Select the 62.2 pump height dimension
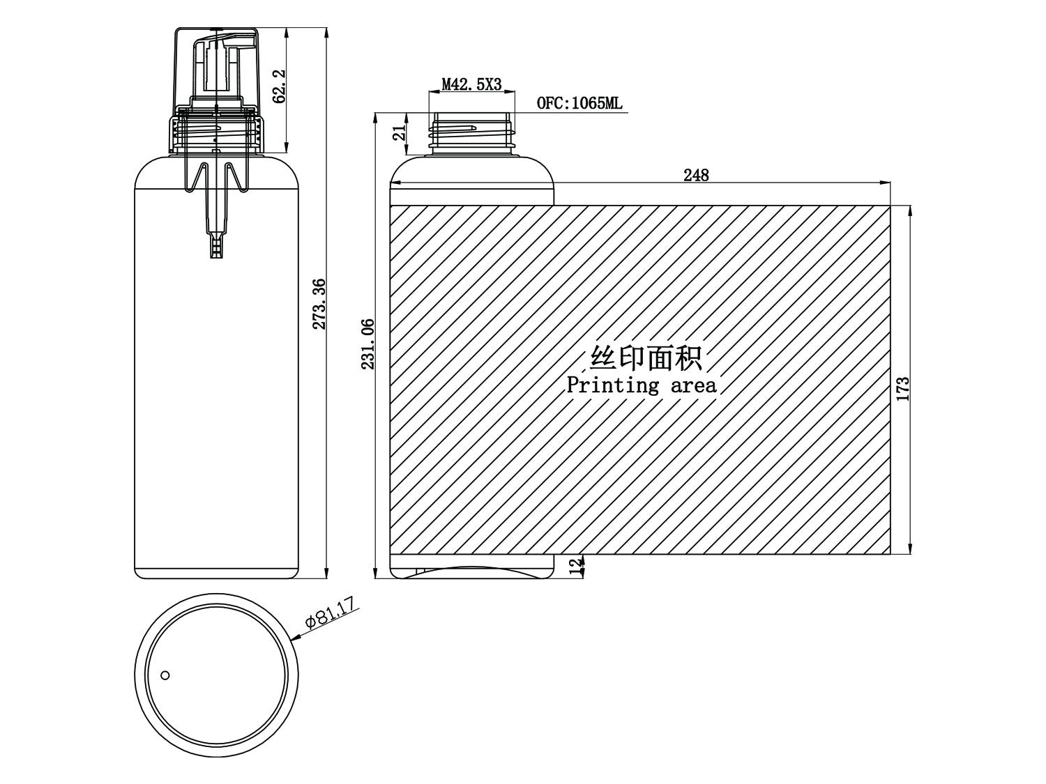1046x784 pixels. pos(279,86)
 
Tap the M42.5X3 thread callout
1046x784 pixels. pos(471,85)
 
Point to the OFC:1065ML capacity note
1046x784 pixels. pos(579,103)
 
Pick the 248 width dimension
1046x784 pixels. pos(696,175)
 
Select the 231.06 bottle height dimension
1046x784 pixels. pos(368,344)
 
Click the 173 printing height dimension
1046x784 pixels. pos(903,388)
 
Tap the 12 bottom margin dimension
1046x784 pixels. pos(576,567)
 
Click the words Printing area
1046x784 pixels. pos(642,385)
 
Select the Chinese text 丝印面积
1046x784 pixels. pos(646,358)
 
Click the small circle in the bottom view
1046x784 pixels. pos(165,675)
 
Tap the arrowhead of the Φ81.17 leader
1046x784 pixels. pos(296,638)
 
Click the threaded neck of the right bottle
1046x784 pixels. pos(472,134)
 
